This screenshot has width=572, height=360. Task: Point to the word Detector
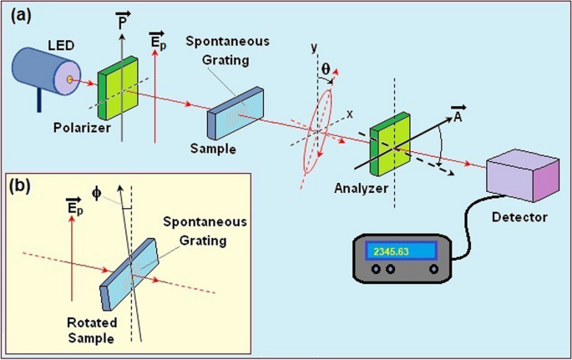point(519,218)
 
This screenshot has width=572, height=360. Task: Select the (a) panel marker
point(21,16)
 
